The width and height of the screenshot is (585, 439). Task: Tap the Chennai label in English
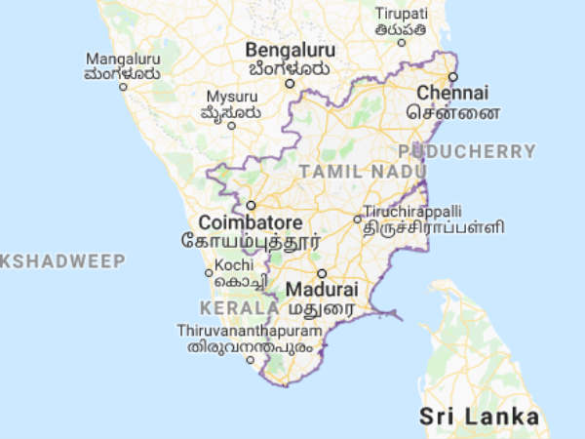452,93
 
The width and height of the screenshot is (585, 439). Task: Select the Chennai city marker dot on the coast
452,76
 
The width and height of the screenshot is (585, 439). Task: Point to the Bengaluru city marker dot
289,83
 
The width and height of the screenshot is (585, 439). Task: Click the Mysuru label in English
231,97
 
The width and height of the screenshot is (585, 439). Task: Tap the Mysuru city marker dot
231,125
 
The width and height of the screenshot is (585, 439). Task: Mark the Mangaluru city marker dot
123,86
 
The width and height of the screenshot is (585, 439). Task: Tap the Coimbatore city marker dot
251,205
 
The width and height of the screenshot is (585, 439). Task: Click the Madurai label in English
322,290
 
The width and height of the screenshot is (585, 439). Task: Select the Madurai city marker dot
321,273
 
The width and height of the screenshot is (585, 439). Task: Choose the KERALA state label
235,307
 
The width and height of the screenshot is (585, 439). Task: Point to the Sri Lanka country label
480,417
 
